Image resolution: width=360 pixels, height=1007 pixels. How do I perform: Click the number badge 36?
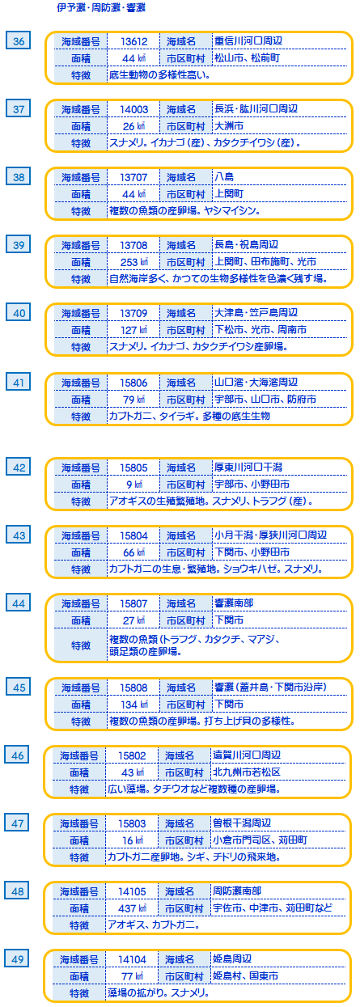[x=19, y=41]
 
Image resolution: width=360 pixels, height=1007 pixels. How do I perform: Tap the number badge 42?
[x=19, y=467]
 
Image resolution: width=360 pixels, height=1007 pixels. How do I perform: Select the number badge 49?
[x=17, y=959]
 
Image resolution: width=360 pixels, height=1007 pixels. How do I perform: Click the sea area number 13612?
[x=134, y=41]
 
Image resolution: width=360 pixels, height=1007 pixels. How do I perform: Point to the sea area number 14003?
[x=134, y=109]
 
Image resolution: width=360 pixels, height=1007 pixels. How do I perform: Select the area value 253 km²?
[x=134, y=262]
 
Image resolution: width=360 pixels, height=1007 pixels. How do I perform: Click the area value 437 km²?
[x=132, y=908]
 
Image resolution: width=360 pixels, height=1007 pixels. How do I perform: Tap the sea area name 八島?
[x=224, y=176]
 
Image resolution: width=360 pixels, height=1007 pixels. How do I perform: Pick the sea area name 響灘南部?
[x=234, y=603]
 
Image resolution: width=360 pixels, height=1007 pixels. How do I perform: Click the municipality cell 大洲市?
[x=229, y=126]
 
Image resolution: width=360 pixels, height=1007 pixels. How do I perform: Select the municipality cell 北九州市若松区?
[x=247, y=772]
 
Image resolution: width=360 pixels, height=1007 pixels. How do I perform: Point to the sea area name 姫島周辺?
[x=232, y=958]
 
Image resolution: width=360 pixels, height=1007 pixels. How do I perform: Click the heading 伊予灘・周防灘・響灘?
[x=101, y=8]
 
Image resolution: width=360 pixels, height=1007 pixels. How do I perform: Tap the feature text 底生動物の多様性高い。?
[x=160, y=75]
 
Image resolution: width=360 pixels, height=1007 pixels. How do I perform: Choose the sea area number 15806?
[x=134, y=383]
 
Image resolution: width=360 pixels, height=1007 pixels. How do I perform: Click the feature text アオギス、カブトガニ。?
[x=153, y=925]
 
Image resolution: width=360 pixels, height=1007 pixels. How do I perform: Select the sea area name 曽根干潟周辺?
[x=242, y=823]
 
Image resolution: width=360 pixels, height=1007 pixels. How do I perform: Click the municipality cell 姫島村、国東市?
[x=245, y=976]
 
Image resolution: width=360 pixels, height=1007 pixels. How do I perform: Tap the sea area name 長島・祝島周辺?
[x=246, y=244]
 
